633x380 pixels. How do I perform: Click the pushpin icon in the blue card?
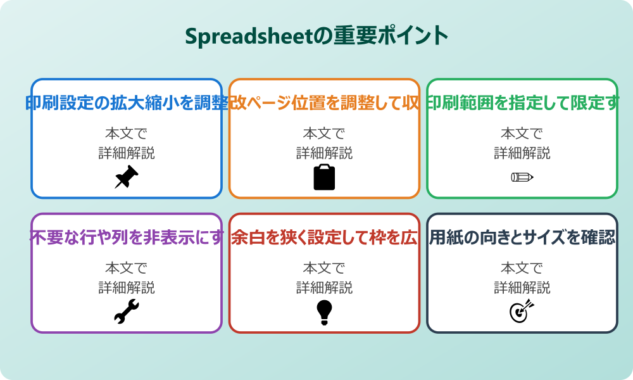coord(127,177)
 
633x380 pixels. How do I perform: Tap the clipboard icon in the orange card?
coord(324,177)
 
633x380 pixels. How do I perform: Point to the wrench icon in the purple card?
coord(127,312)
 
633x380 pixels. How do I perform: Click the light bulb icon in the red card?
coord(324,312)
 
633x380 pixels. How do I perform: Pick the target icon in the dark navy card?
coord(522,312)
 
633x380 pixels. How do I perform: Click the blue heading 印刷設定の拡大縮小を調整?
coord(127,103)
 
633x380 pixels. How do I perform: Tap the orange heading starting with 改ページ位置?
coord(324,103)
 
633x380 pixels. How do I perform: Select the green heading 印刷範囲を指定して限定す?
coord(522,103)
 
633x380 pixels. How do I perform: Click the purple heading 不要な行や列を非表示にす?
coord(127,237)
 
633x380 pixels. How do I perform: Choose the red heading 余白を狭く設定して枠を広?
coord(324,237)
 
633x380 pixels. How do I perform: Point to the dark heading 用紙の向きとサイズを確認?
coord(522,237)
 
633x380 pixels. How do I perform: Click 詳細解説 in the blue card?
coord(127,153)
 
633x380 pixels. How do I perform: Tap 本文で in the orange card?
coord(324,134)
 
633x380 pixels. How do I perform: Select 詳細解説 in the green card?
coord(522,153)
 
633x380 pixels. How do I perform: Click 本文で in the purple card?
coord(127,268)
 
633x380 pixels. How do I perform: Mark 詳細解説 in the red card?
coord(324,287)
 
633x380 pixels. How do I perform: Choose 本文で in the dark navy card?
coord(522,268)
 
